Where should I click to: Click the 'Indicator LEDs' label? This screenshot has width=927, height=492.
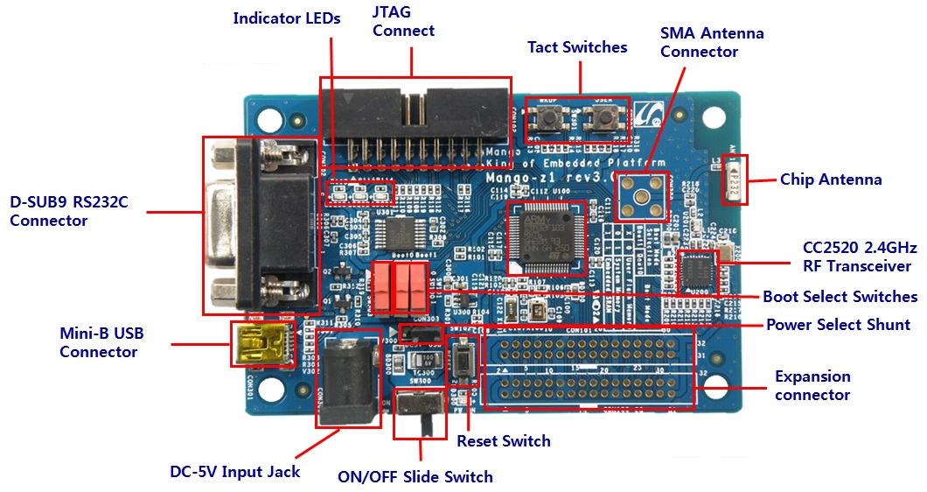pyautogui.click(x=286, y=18)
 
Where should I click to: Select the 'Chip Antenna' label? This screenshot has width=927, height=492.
pyautogui.click(x=831, y=179)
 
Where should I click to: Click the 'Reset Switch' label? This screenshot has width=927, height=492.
pyautogui.click(x=504, y=441)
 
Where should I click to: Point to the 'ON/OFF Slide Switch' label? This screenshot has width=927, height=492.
pyautogui.click(x=415, y=477)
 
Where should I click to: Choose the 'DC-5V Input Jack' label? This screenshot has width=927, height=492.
pyautogui.click(x=234, y=472)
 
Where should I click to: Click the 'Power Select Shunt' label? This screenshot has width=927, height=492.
pyautogui.click(x=838, y=325)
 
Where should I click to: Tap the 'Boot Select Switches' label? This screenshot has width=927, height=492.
pyautogui.click(x=840, y=297)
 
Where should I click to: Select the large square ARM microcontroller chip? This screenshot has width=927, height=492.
pyautogui.click(x=547, y=239)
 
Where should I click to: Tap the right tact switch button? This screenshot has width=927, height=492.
pyautogui.click(x=603, y=122)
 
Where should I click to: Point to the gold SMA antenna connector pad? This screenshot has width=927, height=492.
pyautogui.click(x=640, y=196)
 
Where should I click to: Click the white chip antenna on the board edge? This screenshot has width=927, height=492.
pyautogui.click(x=735, y=179)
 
